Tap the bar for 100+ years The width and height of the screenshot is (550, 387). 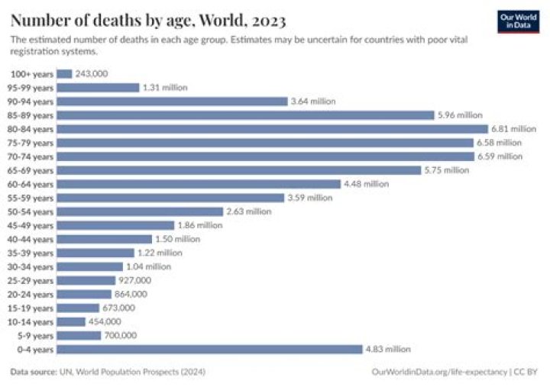point(64,74)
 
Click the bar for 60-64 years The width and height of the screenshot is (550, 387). point(199,184)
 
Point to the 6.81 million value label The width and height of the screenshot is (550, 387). point(513,129)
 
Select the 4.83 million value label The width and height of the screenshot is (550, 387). point(387,349)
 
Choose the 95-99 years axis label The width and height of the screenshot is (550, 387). point(32,88)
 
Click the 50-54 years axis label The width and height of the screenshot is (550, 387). point(32,211)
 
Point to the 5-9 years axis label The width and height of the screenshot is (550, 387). point(36,335)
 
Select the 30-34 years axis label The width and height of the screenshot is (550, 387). point(32,266)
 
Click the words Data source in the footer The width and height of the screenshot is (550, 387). point(34,372)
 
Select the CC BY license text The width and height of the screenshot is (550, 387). point(527,372)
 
